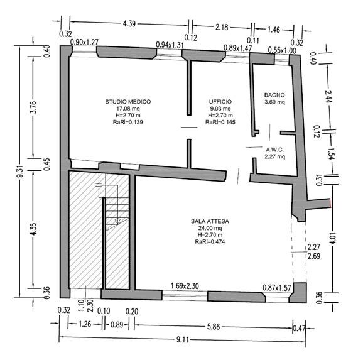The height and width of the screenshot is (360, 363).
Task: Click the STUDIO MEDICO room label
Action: pyautogui.click(x=128, y=102)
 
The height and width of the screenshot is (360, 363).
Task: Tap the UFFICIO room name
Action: pyautogui.click(x=220, y=102)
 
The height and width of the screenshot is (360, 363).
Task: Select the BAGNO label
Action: pyautogui.click(x=274, y=95)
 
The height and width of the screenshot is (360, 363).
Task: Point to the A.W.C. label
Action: pyautogui.click(x=275, y=150)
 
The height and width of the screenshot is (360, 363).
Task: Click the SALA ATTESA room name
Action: pyautogui.click(x=210, y=221)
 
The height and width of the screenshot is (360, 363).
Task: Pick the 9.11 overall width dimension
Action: pyautogui.click(x=183, y=340)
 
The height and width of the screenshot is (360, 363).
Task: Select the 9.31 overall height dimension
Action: pyautogui.click(x=21, y=171)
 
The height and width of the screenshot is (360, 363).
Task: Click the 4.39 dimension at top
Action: pyautogui.click(x=129, y=23)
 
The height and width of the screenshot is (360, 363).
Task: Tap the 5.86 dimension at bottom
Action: pyautogui.click(x=214, y=327)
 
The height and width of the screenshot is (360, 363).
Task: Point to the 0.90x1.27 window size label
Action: pyautogui.click(x=84, y=42)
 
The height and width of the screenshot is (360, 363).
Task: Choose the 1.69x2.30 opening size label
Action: pyautogui.click(x=185, y=286)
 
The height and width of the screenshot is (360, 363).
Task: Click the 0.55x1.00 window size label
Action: pyautogui.click(x=282, y=50)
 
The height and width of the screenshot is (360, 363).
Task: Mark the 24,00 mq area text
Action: pyautogui.click(x=210, y=228)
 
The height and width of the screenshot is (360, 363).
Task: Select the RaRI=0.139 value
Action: pyautogui.click(x=128, y=122)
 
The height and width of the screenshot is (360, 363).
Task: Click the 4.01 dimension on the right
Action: pyautogui.click(x=332, y=238)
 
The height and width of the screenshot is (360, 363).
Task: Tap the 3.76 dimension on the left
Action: pyautogui.click(x=34, y=107)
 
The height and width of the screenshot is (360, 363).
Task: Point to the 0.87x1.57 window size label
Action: pyautogui.click(x=277, y=288)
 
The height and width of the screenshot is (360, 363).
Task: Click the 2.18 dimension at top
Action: pyautogui.click(x=222, y=27)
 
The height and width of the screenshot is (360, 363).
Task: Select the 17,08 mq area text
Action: pyautogui.click(x=128, y=109)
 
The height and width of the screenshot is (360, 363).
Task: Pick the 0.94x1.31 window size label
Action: pyautogui.click(x=170, y=45)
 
